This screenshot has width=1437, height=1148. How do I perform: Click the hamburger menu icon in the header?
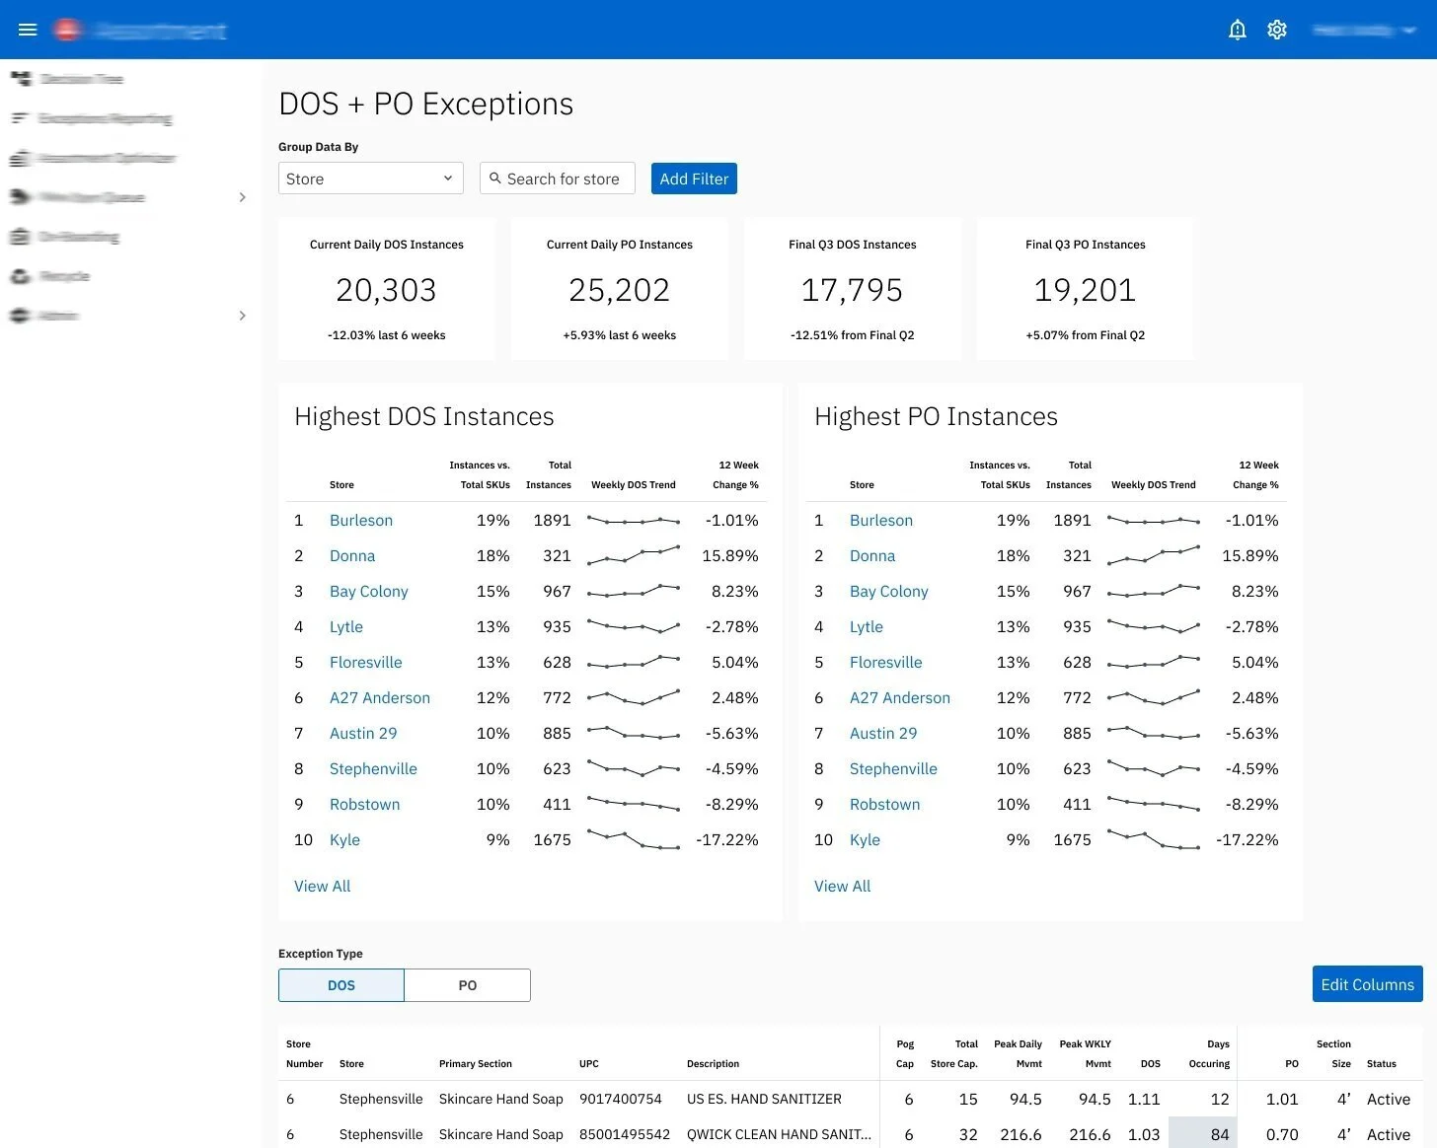[28, 30]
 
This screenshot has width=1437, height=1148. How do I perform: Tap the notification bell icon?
[1237, 30]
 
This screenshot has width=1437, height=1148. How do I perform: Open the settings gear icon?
[1277, 30]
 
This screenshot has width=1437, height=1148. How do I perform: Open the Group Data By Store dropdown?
[370, 179]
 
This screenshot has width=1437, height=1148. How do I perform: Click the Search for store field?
[558, 179]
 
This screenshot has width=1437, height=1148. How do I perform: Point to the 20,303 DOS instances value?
[386, 290]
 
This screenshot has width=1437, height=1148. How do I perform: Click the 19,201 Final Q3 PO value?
[1085, 290]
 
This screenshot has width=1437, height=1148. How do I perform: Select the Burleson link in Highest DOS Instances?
[361, 520]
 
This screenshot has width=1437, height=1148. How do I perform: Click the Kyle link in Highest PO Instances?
[865, 839]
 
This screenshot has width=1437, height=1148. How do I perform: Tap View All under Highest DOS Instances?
[322, 886]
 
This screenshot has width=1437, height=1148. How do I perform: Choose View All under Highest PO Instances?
[842, 886]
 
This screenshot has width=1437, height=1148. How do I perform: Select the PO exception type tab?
[467, 985]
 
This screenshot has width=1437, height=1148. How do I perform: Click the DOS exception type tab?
[341, 985]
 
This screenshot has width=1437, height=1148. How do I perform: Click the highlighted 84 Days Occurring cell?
[1202, 1134]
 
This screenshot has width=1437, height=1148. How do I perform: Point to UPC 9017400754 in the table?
[620, 1099]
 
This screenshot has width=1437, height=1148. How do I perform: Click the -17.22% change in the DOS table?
[727, 839]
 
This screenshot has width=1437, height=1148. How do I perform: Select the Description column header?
[713, 1063]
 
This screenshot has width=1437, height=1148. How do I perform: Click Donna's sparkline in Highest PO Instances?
[1153, 555]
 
